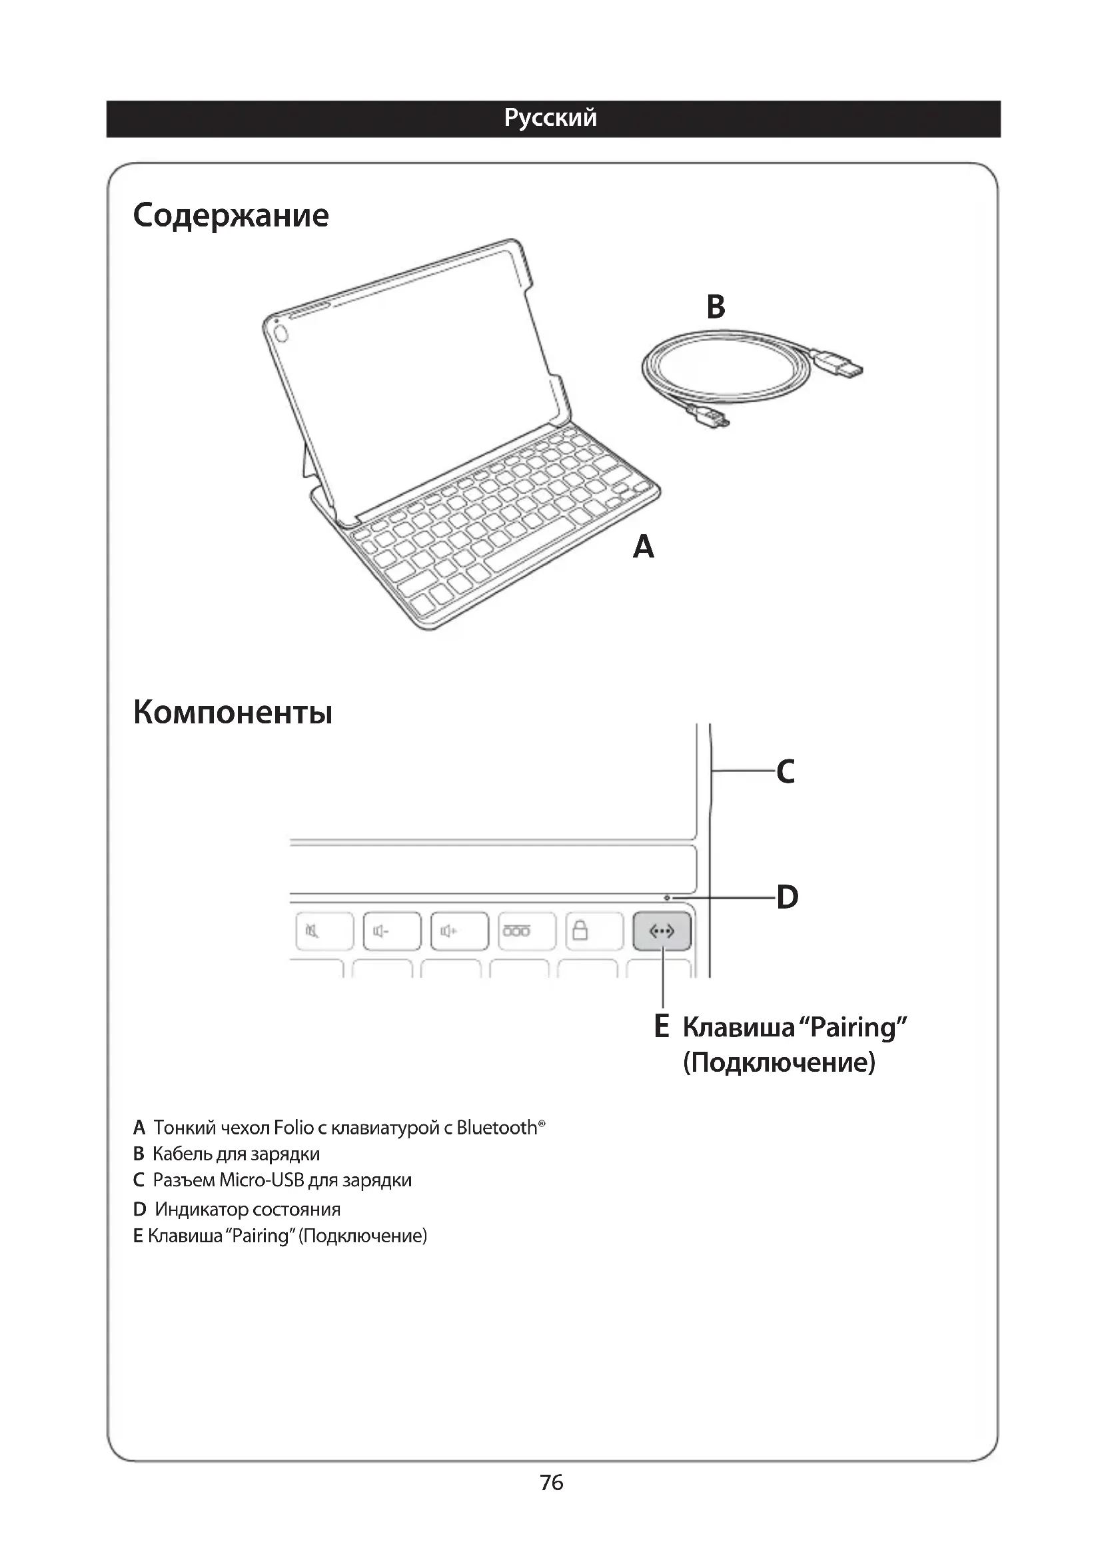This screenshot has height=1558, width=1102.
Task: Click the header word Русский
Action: click(x=550, y=118)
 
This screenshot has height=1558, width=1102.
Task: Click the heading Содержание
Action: click(x=231, y=216)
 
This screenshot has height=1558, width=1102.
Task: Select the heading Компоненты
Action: click(x=233, y=713)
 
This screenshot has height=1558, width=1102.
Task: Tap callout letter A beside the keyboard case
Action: click(x=644, y=547)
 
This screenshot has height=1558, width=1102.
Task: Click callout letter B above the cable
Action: click(x=716, y=306)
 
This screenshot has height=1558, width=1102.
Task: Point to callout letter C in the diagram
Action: click(x=786, y=771)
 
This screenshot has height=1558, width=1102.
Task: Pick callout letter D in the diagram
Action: click(x=787, y=897)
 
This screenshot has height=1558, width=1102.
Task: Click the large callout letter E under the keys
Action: click(x=662, y=1026)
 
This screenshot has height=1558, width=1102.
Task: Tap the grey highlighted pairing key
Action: click(x=662, y=931)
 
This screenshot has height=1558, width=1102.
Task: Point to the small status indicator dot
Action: click(x=667, y=898)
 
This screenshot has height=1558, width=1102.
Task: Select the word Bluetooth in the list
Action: click(x=497, y=1128)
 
